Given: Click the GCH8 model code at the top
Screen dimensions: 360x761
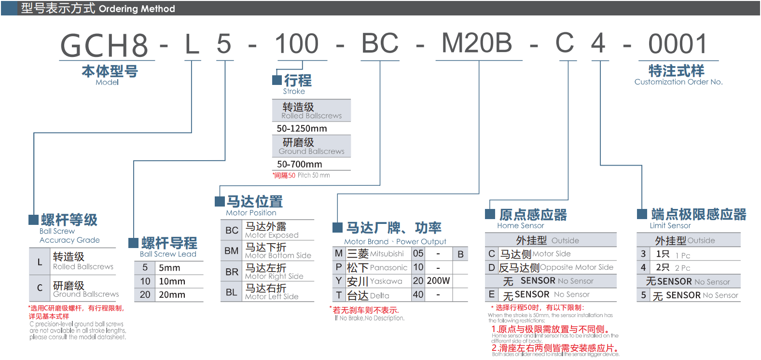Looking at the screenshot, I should [105, 45].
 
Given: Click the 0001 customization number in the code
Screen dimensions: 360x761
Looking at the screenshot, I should [678, 44].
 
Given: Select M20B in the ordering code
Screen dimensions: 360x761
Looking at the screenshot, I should [477, 43].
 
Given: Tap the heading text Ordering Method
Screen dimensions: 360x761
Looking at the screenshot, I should [137, 9].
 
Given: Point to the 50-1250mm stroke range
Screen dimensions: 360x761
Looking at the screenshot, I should [302, 129].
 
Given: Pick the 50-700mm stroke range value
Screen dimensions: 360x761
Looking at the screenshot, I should [299, 165].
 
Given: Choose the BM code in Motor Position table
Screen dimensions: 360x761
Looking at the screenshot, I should [232, 251].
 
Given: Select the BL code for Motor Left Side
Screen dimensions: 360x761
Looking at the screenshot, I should [232, 292].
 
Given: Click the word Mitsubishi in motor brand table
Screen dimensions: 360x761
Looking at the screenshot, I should [387, 254].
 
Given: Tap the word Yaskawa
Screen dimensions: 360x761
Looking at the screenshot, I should [386, 281].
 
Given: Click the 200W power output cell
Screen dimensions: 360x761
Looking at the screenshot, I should [438, 281].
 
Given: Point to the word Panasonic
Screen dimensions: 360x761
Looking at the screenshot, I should [389, 268].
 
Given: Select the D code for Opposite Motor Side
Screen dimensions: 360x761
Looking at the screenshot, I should [492, 268].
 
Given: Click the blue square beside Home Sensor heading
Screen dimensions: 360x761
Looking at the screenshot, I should [490, 214].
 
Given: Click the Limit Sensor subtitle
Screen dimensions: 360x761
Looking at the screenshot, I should [670, 226].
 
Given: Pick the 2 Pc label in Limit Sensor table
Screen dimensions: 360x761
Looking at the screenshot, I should [682, 268].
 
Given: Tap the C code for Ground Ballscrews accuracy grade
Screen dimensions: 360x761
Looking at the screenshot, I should [40, 288].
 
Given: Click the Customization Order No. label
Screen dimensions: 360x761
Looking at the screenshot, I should [678, 82].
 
